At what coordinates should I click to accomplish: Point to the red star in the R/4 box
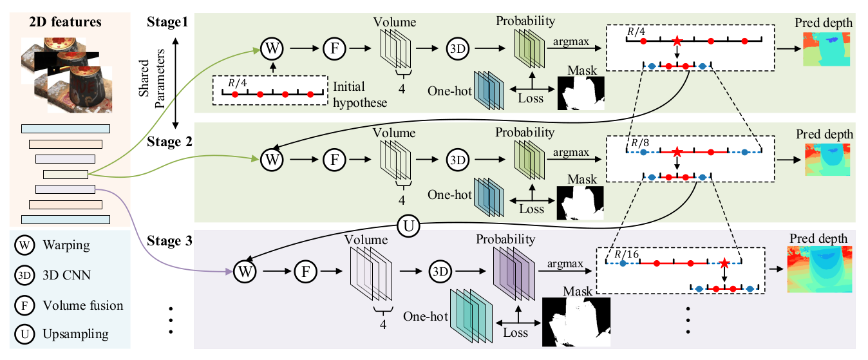click(677, 41)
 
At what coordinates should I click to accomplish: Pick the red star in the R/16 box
click(725, 263)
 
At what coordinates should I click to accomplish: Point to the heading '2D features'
click(65, 22)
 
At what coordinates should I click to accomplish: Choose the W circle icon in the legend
click(24, 246)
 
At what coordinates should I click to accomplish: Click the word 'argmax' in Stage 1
click(565, 42)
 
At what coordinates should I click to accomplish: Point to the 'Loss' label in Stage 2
click(531, 209)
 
